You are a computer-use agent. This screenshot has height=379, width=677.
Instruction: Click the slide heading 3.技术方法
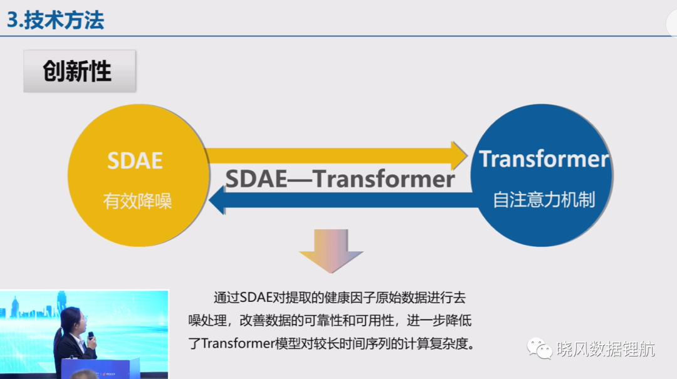[55, 20]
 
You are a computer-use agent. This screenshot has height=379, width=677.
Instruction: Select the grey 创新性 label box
[80, 71]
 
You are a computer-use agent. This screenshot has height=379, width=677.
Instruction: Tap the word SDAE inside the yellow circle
[135, 160]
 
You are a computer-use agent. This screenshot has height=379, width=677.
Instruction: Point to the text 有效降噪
[137, 201]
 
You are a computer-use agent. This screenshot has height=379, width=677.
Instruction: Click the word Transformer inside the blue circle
[543, 158]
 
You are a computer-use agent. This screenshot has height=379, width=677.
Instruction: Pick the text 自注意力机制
[544, 200]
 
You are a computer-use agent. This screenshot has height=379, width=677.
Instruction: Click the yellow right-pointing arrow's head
[459, 156]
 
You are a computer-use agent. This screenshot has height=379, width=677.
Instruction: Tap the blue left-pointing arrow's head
[217, 200]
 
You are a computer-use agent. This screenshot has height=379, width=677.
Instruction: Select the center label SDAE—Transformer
[340, 179]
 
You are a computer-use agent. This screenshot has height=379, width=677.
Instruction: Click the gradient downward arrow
[331, 251]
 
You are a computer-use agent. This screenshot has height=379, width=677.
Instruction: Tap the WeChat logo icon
[539, 348]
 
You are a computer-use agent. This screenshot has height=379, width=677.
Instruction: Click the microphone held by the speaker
[91, 336]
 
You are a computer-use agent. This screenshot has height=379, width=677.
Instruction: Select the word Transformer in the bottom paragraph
[238, 343]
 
